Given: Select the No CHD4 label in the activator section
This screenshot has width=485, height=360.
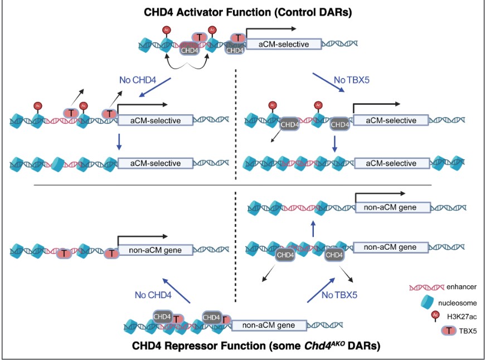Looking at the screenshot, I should pyautogui.click(x=135, y=80).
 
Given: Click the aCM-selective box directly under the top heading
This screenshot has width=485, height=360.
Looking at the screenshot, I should pyautogui.click(x=284, y=44).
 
